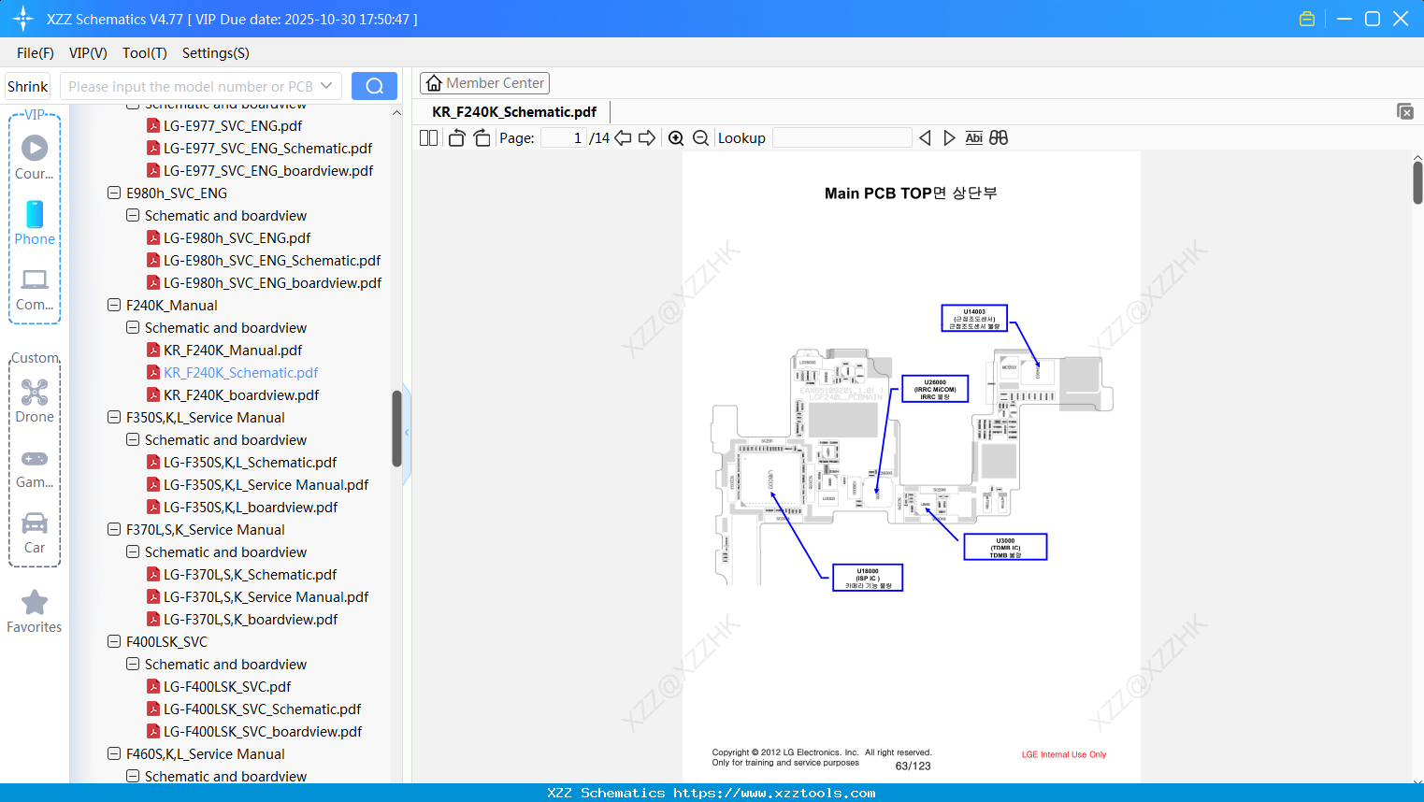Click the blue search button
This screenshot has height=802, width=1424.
point(374,86)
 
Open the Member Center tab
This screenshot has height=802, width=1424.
point(484,83)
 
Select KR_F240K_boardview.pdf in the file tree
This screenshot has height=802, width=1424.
point(240,395)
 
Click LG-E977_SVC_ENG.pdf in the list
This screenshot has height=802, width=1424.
point(232,126)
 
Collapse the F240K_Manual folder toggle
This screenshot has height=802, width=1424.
point(114,306)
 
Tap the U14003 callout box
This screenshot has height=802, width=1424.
point(973,319)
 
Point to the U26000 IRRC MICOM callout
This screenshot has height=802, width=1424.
point(934,389)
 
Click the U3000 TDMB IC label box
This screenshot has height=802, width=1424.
point(1005,547)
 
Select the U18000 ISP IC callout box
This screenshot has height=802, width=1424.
point(868,578)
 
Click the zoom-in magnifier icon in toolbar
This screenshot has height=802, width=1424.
point(676,138)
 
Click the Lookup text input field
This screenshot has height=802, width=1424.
point(841,138)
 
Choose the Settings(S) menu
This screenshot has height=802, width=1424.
point(215,53)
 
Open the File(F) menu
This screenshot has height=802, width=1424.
point(36,53)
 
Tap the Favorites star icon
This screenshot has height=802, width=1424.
point(35,603)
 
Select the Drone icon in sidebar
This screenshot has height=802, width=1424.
point(35,393)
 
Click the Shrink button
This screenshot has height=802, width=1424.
point(27,87)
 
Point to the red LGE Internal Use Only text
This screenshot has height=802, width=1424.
point(1063,754)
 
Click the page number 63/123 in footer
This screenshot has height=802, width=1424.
point(913,766)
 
